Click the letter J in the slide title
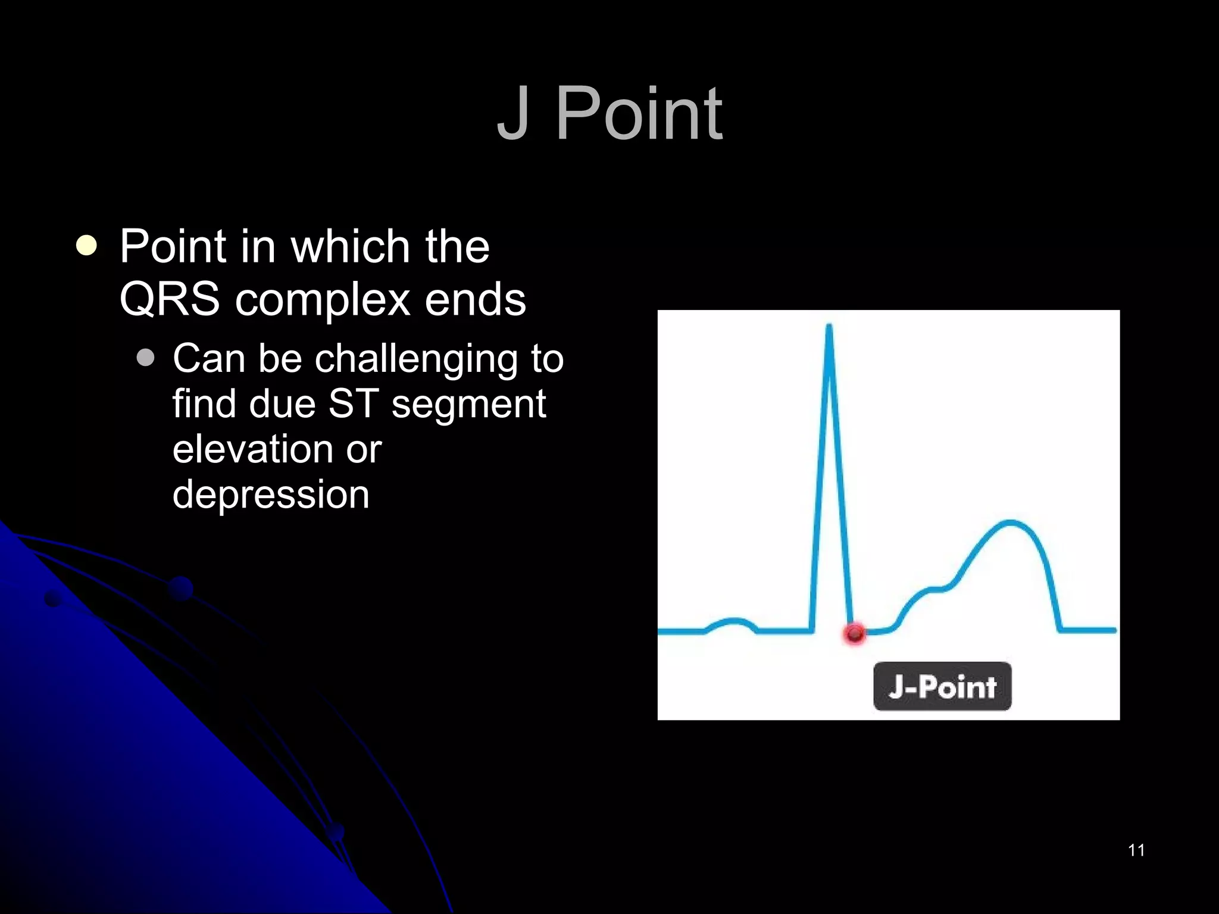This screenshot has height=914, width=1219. (513, 114)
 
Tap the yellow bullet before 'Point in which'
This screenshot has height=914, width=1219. (87, 246)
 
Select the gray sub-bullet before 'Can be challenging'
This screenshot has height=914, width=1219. (145, 358)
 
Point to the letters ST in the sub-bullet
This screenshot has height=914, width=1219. (353, 403)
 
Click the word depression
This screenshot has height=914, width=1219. (271, 495)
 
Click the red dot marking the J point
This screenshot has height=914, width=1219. (855, 634)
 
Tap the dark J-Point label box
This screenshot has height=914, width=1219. (942, 686)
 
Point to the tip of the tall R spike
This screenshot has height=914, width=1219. (829, 326)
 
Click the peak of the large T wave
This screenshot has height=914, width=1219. (1010, 522)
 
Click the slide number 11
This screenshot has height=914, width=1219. (1136, 850)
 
